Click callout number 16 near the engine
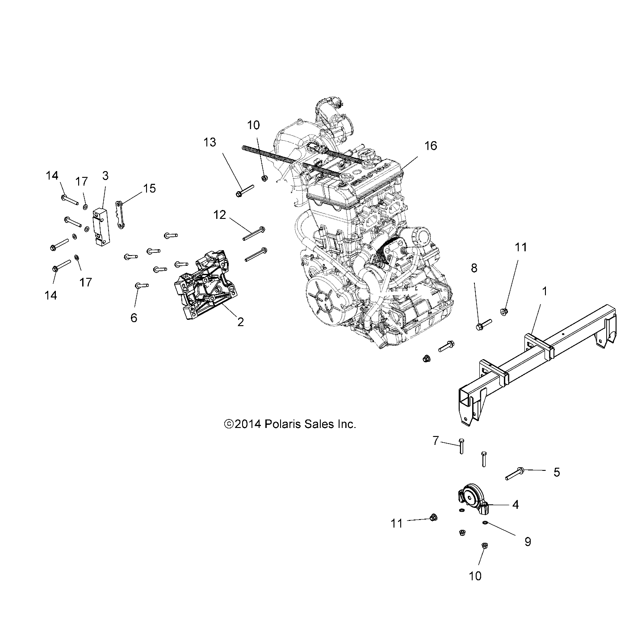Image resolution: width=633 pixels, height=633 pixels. tap(431, 146)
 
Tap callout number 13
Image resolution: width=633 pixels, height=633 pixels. tap(210, 143)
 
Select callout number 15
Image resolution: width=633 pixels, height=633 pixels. tap(150, 189)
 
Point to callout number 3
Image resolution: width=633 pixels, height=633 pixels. tap(105, 176)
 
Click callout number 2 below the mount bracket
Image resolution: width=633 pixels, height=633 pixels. tap(240, 322)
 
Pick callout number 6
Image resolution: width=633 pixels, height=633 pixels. tap(134, 318)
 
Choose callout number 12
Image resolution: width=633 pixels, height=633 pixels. tap(219, 215)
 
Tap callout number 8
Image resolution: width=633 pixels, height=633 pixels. tap(474, 268)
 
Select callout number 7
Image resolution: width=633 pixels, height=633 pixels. tap(436, 441)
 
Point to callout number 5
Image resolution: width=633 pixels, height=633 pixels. tap(556, 472)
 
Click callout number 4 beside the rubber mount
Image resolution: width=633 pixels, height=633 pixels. tap(516, 505)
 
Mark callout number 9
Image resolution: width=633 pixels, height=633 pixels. tap(528, 542)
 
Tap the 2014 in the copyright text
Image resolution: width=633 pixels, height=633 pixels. tap(247, 424)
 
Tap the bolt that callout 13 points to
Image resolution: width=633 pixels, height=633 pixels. tap(244, 190)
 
